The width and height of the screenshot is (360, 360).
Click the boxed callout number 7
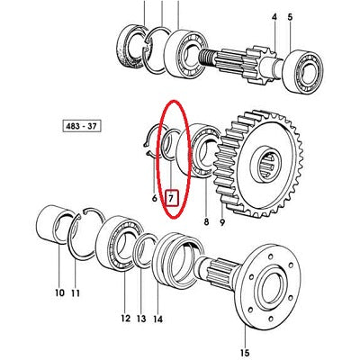pos(173,198)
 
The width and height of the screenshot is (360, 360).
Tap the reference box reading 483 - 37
pos(82,126)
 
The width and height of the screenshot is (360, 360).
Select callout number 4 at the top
pos(274,17)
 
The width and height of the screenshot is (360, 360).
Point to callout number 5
pos(290,17)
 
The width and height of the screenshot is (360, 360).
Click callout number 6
pos(155,198)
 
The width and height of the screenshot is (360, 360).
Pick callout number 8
pos(206,222)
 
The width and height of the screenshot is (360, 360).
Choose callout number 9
pos(222,222)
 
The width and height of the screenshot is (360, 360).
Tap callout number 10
pos(59,292)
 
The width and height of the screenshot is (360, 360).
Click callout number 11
pos(76,292)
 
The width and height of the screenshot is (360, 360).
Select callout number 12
pos(126,319)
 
